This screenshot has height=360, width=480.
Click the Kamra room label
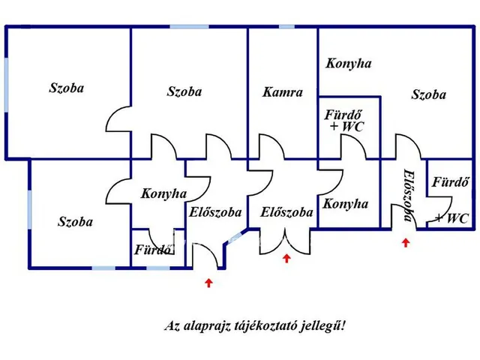click(x=283, y=92)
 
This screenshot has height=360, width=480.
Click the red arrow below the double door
click(x=286, y=258)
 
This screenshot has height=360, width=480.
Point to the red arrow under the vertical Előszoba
click(x=406, y=243)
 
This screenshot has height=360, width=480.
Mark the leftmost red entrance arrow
click(x=208, y=283)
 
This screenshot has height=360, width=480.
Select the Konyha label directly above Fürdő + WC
click(x=348, y=64)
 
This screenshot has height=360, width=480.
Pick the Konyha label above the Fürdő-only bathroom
click(x=163, y=193)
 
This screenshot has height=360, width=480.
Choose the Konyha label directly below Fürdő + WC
click(x=345, y=204)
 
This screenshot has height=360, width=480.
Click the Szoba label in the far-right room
click(x=428, y=94)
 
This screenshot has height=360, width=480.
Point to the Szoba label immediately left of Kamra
click(x=184, y=91)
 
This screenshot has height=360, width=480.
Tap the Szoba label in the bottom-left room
click(x=75, y=222)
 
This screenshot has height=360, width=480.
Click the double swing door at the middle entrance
click(x=285, y=241)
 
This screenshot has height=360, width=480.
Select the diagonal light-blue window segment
click(x=235, y=237)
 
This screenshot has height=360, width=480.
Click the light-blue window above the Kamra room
click(x=286, y=27)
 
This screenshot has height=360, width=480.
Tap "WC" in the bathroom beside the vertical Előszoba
click(x=457, y=218)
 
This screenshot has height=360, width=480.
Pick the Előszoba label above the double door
click(x=286, y=212)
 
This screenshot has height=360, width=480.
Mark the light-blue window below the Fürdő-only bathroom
click(x=158, y=268)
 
